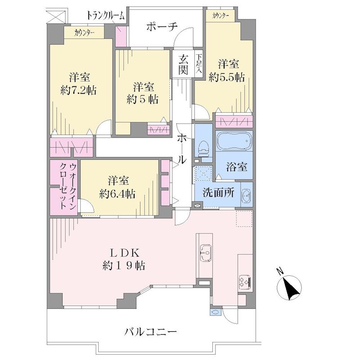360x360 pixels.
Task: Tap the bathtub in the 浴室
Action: tap(234, 141)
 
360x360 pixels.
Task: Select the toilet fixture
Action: tap(203, 148)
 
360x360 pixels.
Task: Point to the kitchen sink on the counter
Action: tap(206, 253)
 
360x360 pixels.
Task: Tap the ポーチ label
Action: tap(162, 27)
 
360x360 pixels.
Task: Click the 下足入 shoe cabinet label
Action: tap(198, 63)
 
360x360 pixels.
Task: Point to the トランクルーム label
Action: tap(105, 16)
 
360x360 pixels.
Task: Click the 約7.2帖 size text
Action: tap(78, 90)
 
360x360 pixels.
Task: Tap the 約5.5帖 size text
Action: tap(227, 77)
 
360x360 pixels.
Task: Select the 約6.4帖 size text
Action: tap(117, 194)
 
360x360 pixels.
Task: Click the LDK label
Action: tap(124, 253)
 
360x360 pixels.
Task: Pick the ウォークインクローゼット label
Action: tap(68, 186)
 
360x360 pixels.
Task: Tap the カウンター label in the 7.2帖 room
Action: tap(85, 33)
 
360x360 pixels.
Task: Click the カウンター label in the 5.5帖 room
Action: tap(220, 15)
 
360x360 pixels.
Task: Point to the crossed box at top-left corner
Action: tap(56, 16)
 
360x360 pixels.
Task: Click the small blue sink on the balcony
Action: tap(216, 312)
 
